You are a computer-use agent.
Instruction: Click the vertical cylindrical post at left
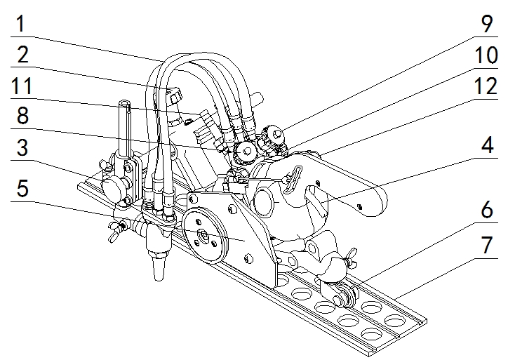[x=125, y=130]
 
